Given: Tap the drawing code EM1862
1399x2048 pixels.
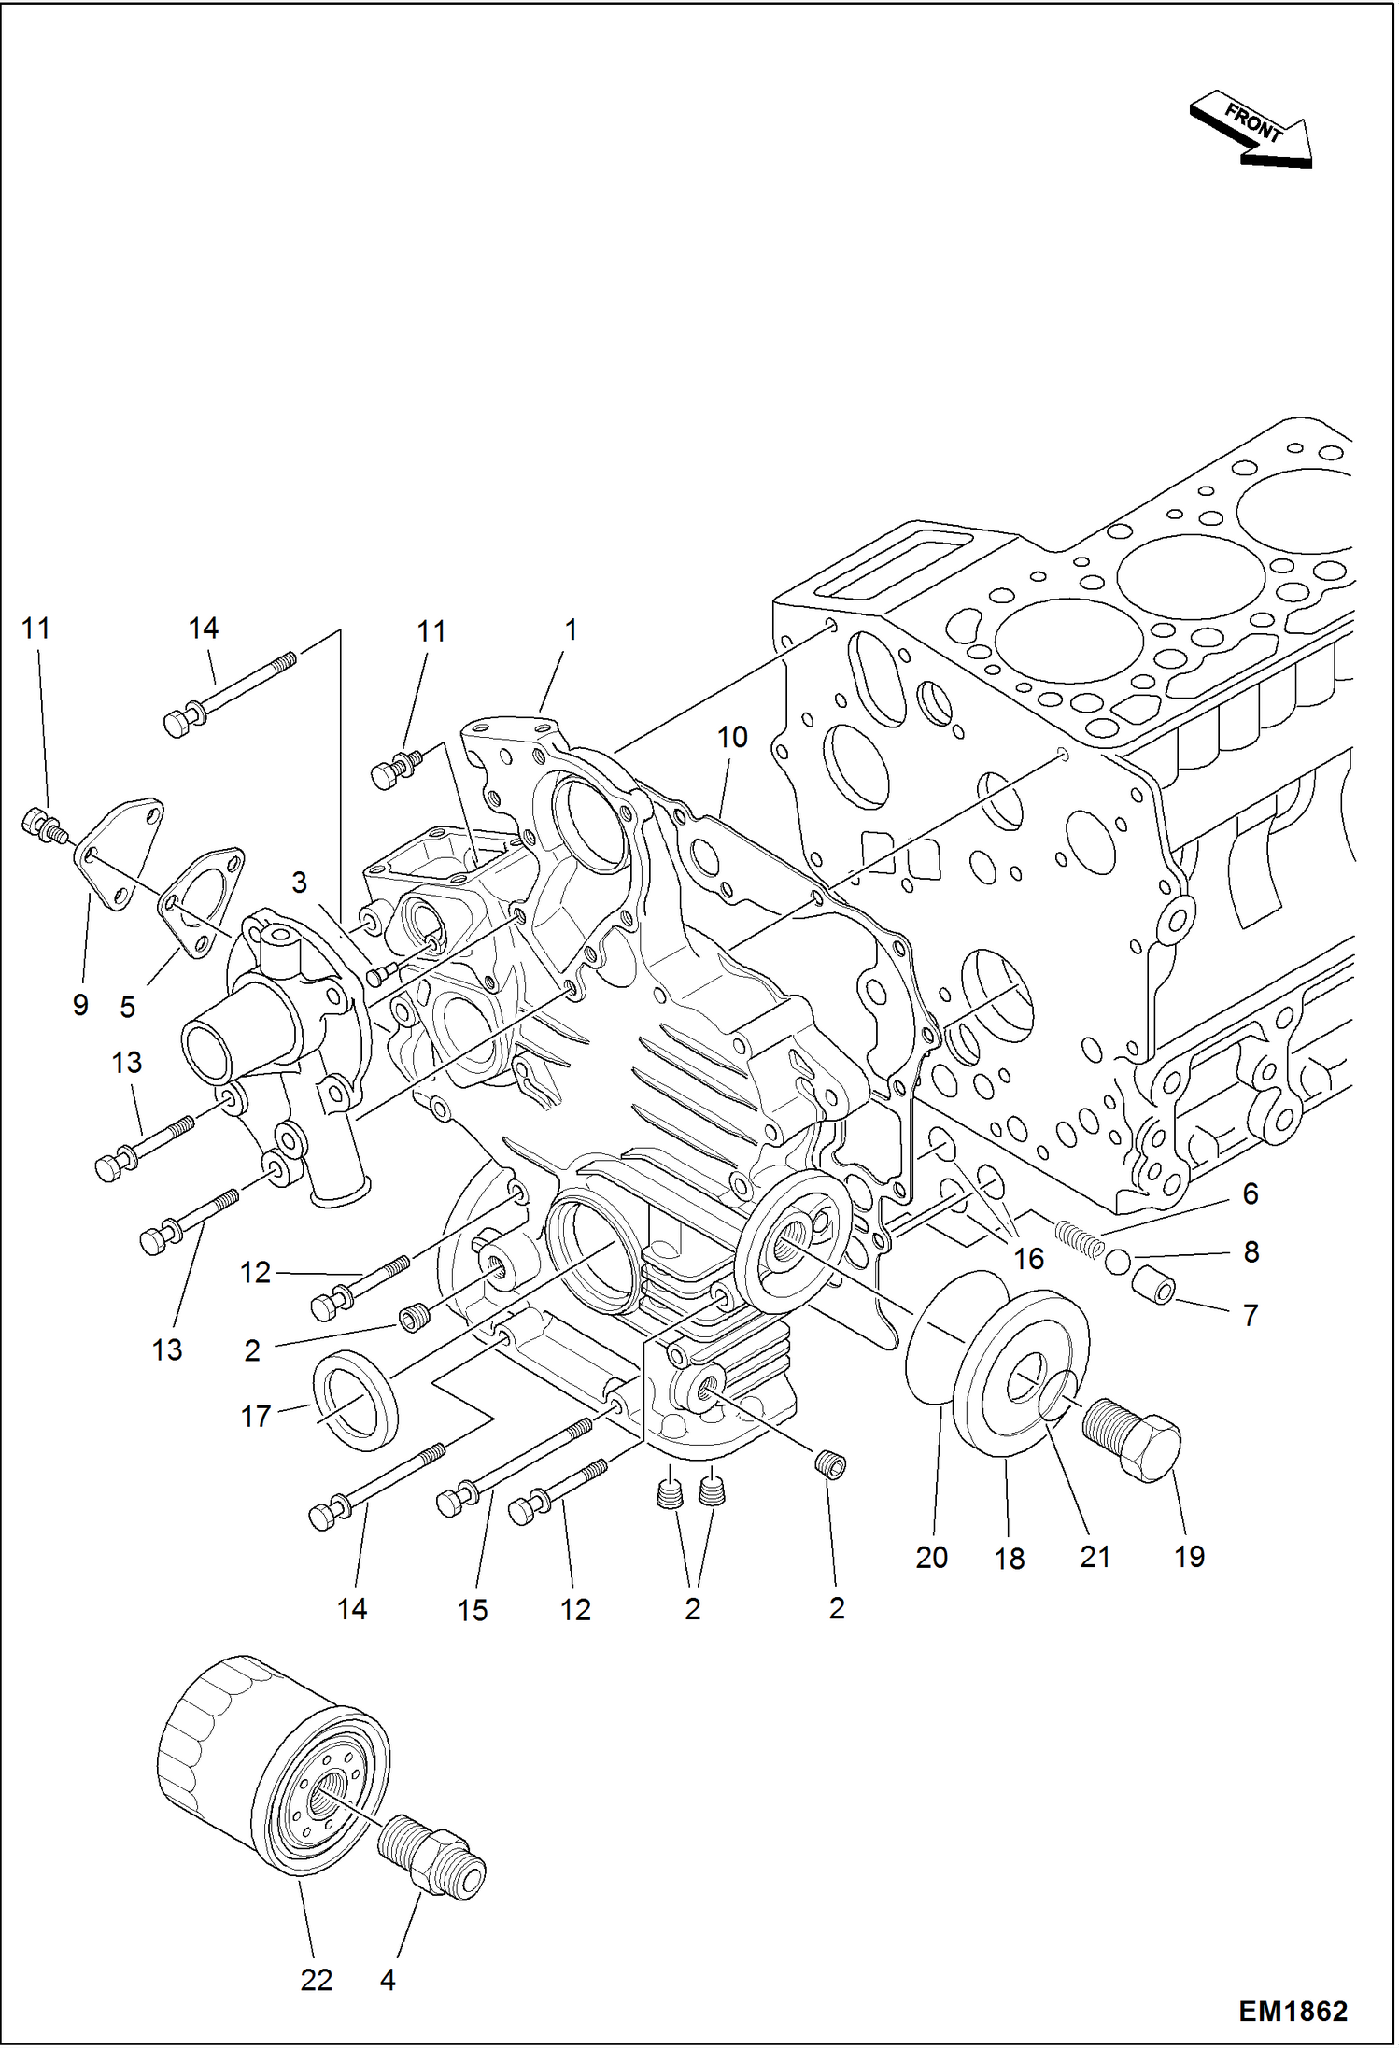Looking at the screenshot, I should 1293,2011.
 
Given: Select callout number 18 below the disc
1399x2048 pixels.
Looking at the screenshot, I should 1010,1559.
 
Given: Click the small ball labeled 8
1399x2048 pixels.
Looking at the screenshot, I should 1117,1264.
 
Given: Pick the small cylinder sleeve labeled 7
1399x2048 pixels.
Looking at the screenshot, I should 1152,1286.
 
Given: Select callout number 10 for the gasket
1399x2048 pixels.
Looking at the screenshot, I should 732,738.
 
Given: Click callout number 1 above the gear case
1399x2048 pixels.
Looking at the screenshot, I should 571,630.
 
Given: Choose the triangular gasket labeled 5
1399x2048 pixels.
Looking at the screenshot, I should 200,901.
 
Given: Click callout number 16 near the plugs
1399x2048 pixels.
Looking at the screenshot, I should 1028,1259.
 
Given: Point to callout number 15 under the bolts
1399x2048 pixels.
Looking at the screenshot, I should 473,1610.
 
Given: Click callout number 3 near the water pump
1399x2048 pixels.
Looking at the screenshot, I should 299,883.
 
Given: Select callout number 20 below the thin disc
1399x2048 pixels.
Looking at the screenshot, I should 931,1557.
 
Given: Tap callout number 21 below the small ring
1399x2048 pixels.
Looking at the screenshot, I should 1095,1557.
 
